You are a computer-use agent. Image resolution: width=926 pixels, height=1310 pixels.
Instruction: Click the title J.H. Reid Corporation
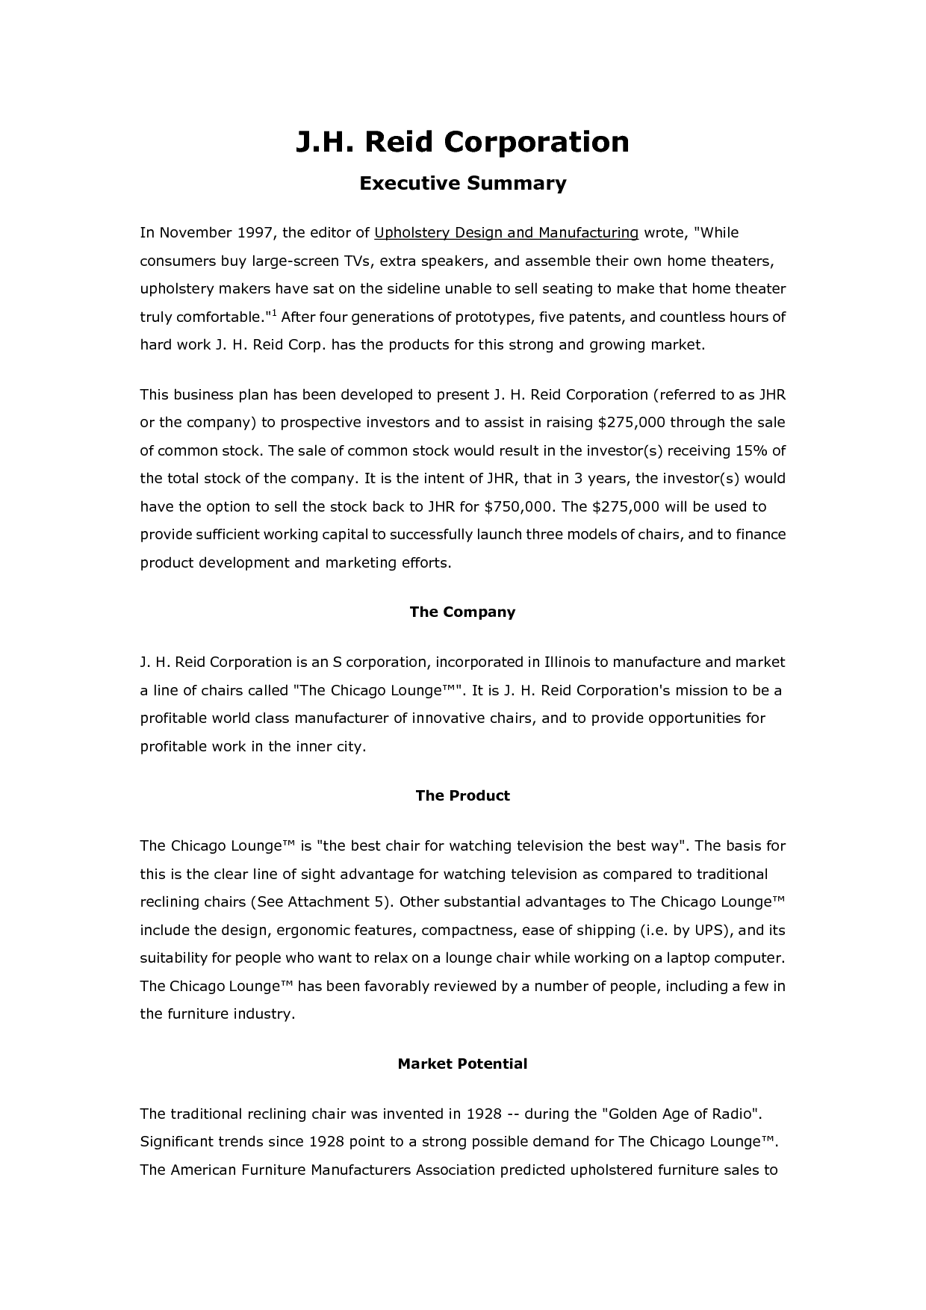[x=462, y=141]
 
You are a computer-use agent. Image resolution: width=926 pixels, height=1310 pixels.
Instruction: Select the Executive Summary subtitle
[x=462, y=184]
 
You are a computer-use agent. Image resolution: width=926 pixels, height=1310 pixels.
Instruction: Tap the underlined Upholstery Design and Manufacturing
[x=506, y=233]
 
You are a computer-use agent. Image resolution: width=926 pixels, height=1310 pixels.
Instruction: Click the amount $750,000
[x=519, y=507]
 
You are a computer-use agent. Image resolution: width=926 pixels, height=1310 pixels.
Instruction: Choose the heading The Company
[x=462, y=612]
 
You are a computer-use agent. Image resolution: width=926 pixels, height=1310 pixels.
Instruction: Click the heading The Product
[x=462, y=796]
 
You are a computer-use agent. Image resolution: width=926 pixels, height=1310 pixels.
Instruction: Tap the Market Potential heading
[x=462, y=1064]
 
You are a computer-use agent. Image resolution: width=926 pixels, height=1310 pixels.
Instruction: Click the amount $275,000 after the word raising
[x=632, y=423]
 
